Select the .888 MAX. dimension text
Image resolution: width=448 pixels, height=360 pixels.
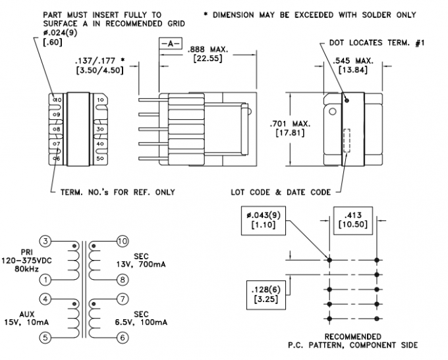coord(208,49)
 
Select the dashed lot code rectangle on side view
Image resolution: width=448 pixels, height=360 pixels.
coord(347,140)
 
